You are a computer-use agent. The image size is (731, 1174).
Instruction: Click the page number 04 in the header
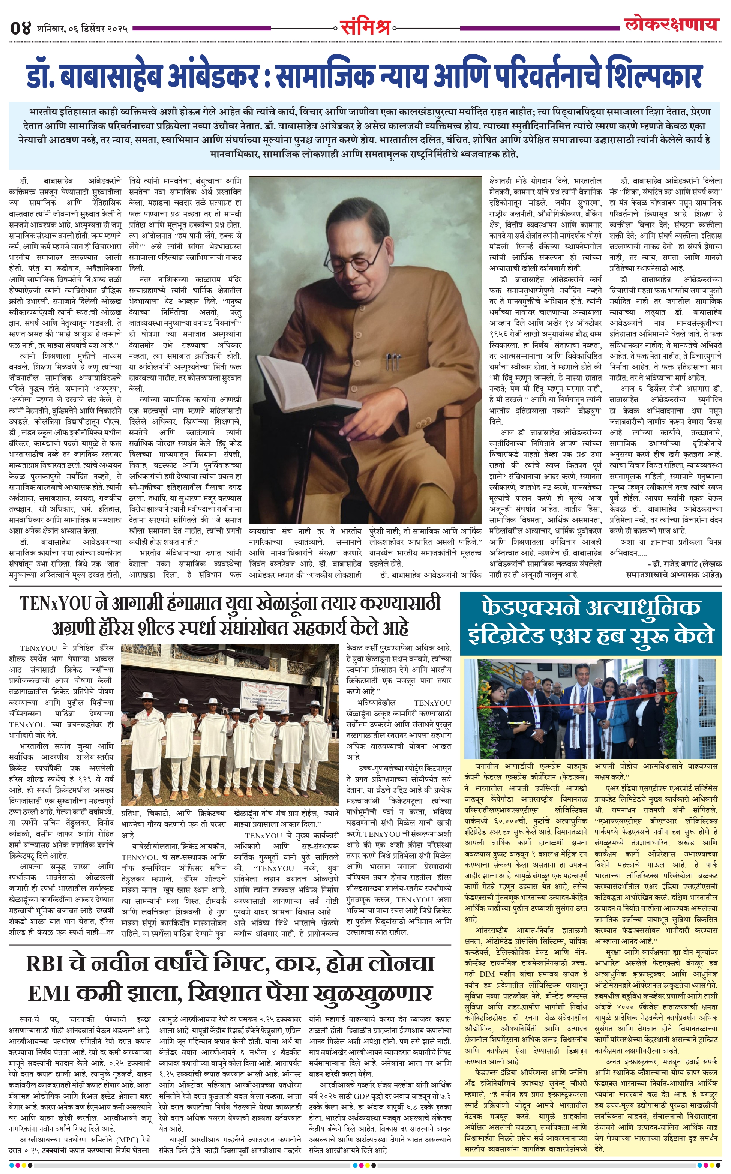click(20, 28)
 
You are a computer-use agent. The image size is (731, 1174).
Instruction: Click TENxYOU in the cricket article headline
click(56, 604)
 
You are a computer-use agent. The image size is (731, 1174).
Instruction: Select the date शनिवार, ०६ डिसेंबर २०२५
click(82, 29)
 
